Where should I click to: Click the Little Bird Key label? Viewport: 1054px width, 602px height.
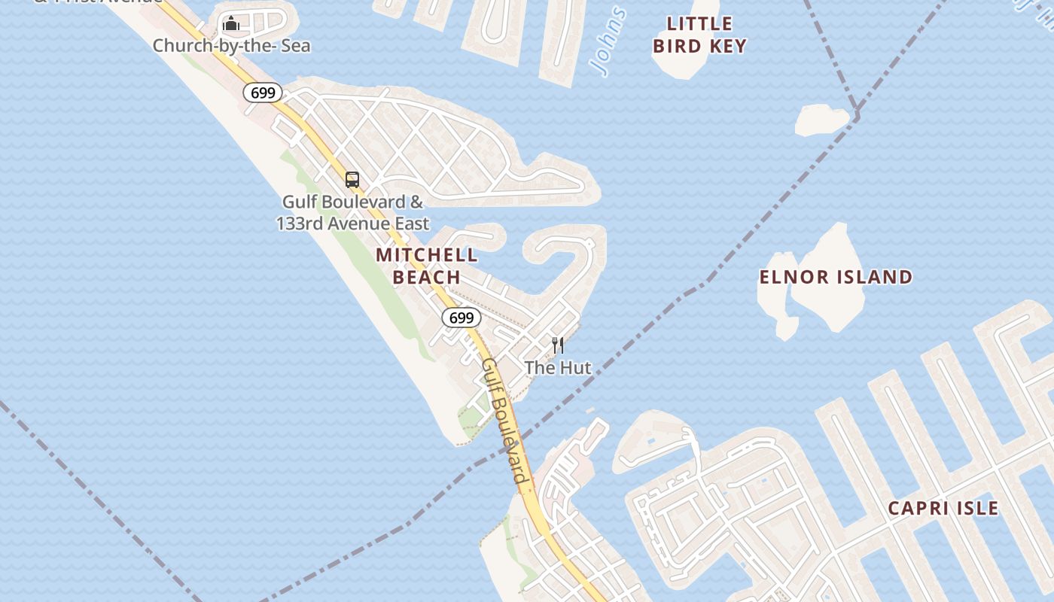(x=699, y=35)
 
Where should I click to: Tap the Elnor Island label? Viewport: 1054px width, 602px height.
(x=836, y=277)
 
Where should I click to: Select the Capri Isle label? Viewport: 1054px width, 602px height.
(x=943, y=508)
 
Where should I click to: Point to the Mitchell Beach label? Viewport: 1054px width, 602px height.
(x=427, y=266)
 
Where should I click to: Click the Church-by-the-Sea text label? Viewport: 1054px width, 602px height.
(x=231, y=46)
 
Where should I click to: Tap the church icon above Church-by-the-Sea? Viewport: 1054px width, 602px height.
(x=231, y=24)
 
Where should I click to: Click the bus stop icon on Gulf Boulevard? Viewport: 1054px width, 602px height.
(x=352, y=180)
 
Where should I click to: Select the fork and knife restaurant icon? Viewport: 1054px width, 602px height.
(x=558, y=345)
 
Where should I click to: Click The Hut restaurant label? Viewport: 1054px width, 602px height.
(x=558, y=368)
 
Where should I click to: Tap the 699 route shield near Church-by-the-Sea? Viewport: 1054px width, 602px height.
(x=263, y=93)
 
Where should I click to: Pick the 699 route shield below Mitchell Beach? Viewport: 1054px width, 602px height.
(x=461, y=318)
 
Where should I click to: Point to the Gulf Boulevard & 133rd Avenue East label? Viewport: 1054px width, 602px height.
(x=352, y=213)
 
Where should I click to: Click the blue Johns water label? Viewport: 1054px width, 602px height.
(x=608, y=41)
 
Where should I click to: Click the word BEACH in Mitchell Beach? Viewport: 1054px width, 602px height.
(x=427, y=277)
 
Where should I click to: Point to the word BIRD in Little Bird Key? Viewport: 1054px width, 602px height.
(x=676, y=46)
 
